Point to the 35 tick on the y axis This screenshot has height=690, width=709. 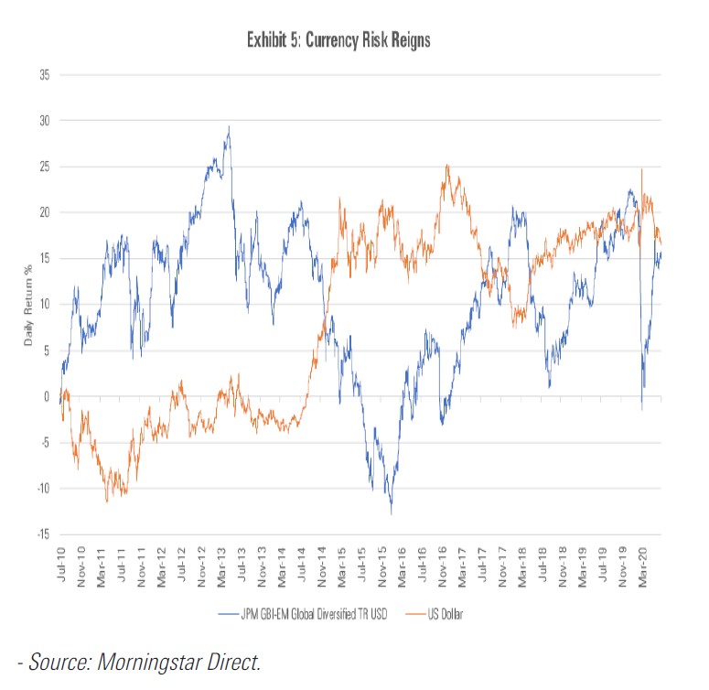tap(44, 75)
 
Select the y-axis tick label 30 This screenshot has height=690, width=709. tap(44, 121)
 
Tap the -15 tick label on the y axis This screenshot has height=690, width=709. tap(42, 534)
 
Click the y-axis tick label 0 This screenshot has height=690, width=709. tap(47, 396)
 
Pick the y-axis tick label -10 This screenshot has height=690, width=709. tap(42, 489)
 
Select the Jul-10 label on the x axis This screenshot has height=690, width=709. tap(61, 566)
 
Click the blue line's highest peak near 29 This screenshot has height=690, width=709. tap(228, 127)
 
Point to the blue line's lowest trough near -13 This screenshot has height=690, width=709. tap(391, 513)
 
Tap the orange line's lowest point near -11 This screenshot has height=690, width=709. tap(106, 501)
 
